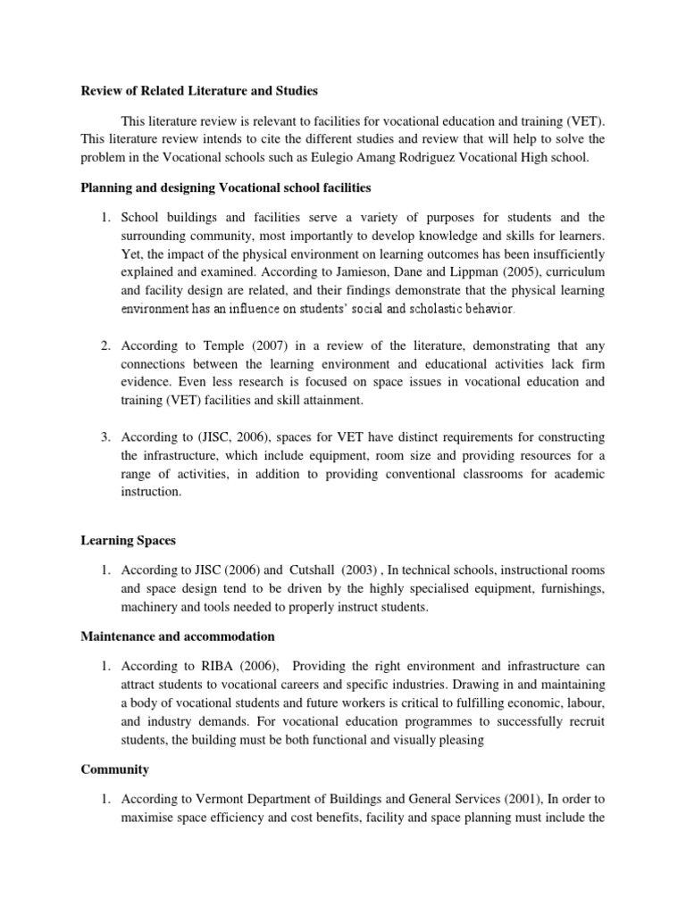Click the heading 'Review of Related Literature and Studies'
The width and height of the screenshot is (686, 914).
199,90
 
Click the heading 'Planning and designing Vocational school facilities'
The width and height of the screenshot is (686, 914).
225,188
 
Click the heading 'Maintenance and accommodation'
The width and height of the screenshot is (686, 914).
178,636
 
